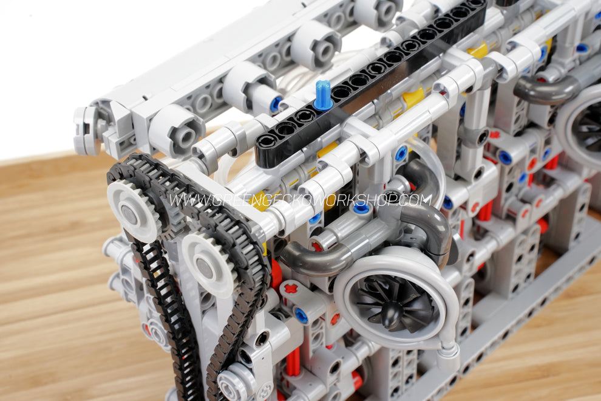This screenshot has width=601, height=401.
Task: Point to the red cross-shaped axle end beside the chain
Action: point(291,288)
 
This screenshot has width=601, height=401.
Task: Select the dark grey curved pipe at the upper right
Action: point(543,89)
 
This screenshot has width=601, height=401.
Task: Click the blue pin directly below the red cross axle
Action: point(301,315)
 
